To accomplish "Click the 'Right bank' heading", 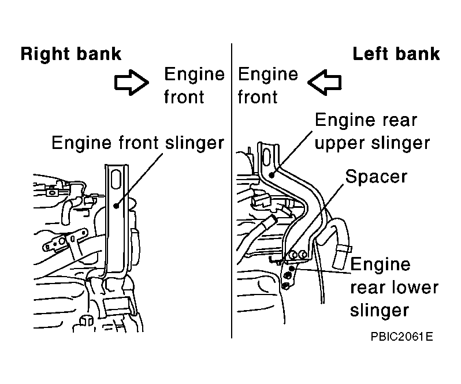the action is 71,54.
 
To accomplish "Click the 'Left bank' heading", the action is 396,54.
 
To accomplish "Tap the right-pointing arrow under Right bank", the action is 131,83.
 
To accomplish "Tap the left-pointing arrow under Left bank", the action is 325,83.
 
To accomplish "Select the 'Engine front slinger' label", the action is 138,143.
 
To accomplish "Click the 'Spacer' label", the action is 376,177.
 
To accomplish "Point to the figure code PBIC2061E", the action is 401,337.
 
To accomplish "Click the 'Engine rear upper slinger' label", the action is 372,131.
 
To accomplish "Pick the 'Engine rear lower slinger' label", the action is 394,287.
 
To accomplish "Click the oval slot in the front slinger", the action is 117,179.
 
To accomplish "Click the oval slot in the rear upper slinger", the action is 266,157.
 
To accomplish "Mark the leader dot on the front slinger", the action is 117,206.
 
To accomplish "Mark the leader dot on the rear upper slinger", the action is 272,175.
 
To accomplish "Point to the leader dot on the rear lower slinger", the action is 292,269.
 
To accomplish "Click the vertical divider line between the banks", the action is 232,191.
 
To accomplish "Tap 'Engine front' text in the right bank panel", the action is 194,85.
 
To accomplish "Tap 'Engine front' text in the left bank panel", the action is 268,85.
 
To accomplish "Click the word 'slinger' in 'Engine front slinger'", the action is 195,143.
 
